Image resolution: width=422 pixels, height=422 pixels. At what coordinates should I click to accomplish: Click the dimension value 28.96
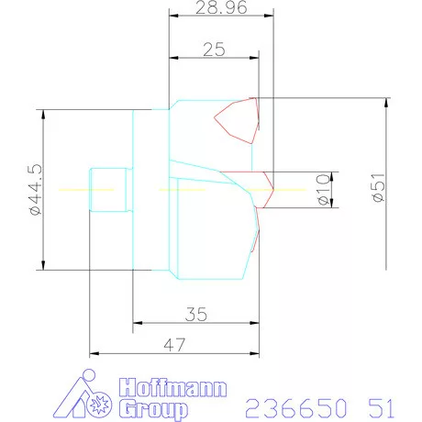click(x=215, y=11)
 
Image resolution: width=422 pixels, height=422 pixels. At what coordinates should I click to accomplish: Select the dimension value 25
click(x=215, y=50)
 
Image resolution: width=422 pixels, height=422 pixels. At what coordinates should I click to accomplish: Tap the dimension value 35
click(x=195, y=314)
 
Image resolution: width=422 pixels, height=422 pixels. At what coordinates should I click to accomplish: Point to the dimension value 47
click(x=174, y=346)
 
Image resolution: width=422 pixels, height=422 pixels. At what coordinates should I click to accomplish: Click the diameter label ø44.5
click(x=36, y=190)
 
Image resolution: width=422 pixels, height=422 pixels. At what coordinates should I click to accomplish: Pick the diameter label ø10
click(x=323, y=189)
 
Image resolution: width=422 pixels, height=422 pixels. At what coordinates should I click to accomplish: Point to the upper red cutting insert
click(x=238, y=119)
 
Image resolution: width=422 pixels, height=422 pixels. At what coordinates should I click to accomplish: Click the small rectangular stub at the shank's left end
click(x=105, y=189)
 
